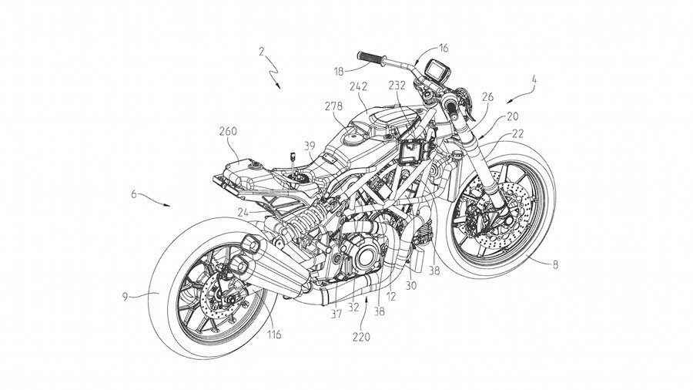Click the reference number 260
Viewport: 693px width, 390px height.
coord(227,131)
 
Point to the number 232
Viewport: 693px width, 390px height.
coord(399,87)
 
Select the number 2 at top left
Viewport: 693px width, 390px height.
coord(263,53)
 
